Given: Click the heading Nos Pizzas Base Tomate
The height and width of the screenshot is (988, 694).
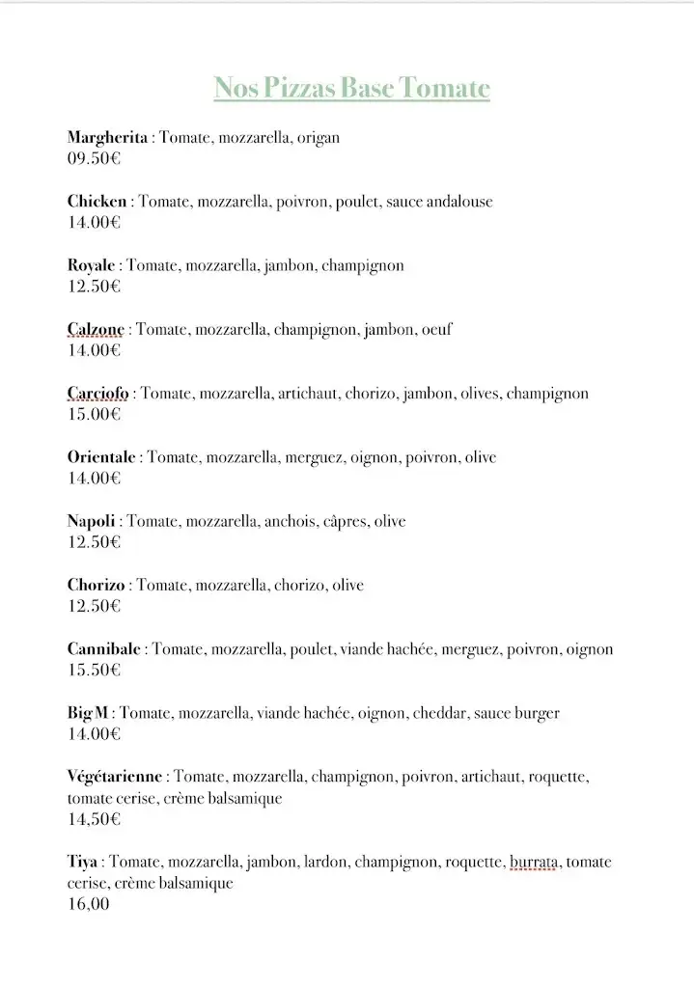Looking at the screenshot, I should [351, 89].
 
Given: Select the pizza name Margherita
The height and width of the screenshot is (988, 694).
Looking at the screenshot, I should [107, 138].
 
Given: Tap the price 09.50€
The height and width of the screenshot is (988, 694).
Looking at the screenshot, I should [94, 159].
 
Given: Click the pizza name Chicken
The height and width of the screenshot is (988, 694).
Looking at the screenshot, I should [97, 202].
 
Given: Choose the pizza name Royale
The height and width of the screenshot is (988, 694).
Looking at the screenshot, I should [92, 265].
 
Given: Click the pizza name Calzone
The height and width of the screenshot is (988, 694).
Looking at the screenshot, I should [96, 330].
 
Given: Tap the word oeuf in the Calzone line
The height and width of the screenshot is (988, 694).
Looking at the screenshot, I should [436, 330].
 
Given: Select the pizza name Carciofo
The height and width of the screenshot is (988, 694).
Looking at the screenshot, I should [97, 394].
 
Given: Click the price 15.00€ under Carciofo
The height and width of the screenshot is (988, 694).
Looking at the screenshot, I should [94, 415].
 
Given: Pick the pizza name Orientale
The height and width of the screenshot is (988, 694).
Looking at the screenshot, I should [101, 457].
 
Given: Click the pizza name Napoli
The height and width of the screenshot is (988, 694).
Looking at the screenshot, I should [91, 522].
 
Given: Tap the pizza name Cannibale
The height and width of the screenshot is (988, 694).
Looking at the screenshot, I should [104, 649].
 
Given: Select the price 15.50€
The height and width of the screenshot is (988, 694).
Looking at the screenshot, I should [94, 671].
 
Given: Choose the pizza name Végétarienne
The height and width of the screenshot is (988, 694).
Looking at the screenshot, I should [116, 777].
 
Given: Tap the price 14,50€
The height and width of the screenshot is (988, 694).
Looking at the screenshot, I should [94, 820].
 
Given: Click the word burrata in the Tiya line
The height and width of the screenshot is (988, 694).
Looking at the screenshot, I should [534, 863].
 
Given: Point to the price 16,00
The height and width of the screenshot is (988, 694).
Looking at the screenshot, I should [88, 905].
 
